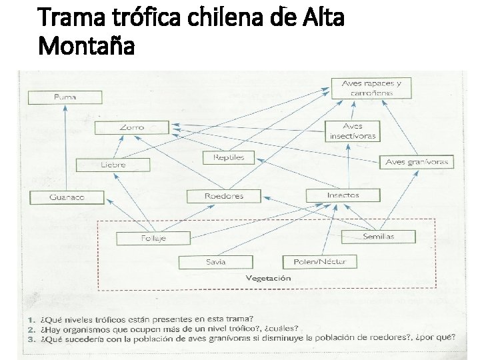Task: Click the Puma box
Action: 65,97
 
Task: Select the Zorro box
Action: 131,127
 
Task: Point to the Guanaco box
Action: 67,197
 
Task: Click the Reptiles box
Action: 229,158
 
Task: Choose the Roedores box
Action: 224,196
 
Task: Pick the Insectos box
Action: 343,195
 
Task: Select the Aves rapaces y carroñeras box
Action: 371,88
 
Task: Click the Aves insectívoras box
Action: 353,131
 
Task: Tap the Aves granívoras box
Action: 417,162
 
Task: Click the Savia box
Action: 215,261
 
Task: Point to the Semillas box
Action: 378,237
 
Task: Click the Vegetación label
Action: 269,278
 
